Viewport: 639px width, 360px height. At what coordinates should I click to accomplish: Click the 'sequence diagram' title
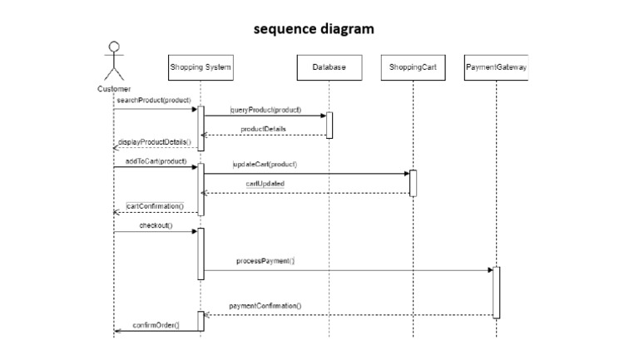coord(314,29)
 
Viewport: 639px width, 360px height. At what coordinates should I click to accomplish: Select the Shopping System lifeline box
coord(201,67)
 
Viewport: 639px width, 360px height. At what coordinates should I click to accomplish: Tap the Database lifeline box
coord(329,67)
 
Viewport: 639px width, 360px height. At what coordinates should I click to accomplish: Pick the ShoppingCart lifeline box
coord(413,67)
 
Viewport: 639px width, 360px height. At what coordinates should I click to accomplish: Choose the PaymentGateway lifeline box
coord(496,67)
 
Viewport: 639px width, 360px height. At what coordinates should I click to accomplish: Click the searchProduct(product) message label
coord(154,101)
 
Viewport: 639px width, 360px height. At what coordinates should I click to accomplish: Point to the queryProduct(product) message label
coord(266,110)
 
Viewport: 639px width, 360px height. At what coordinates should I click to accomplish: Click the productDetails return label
coord(264,129)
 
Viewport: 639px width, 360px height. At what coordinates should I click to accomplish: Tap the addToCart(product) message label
coord(156,160)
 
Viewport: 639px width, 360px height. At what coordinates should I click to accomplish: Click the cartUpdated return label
coord(265,184)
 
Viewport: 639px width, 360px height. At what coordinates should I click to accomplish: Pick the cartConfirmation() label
coord(155,205)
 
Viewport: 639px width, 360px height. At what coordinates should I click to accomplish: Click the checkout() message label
coord(156,224)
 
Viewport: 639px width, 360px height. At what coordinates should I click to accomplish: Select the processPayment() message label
coord(265,261)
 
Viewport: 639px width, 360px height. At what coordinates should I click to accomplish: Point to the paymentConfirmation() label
coord(265,306)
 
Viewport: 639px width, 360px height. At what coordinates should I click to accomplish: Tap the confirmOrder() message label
coord(156,324)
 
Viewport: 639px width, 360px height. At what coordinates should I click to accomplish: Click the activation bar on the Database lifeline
coord(329,125)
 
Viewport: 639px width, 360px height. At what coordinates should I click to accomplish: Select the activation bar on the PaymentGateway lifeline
coord(497,292)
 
